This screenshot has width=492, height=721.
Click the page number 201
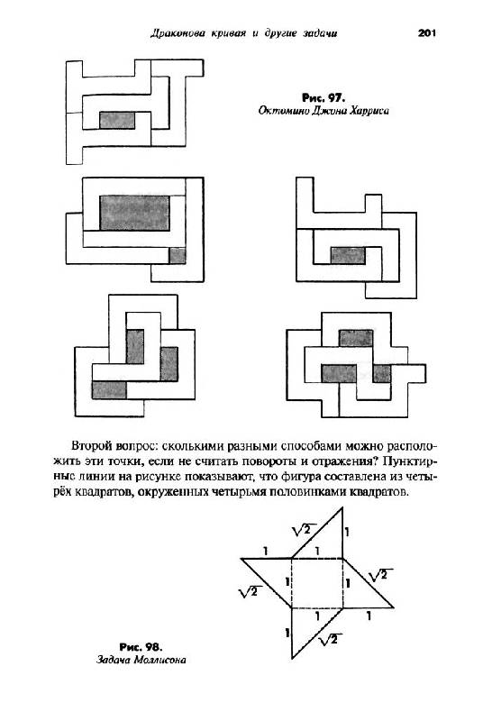pyautogui.click(x=427, y=33)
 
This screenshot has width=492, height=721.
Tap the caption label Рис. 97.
pyautogui.click(x=323, y=97)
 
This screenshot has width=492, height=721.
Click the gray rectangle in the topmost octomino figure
pyautogui.click(x=117, y=121)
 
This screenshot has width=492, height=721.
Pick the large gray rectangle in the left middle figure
pyautogui.click(x=135, y=213)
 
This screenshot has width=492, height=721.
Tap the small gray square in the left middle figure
pyautogui.click(x=178, y=255)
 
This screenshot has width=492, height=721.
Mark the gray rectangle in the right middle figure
pyautogui.click(x=348, y=255)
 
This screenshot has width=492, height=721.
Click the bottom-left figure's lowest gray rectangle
pyautogui.click(x=109, y=390)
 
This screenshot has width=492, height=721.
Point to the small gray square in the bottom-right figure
pyautogui.click(x=382, y=373)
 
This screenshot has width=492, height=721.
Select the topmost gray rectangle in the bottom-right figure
pyautogui.click(x=356, y=339)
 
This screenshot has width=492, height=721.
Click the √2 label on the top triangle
pyautogui.click(x=302, y=530)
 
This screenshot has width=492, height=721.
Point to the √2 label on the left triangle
pyautogui.click(x=250, y=591)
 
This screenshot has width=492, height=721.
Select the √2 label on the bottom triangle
pyautogui.click(x=330, y=639)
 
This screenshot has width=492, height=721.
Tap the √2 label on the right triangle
pyautogui.click(x=380, y=575)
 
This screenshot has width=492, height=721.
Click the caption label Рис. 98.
pyautogui.click(x=141, y=647)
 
